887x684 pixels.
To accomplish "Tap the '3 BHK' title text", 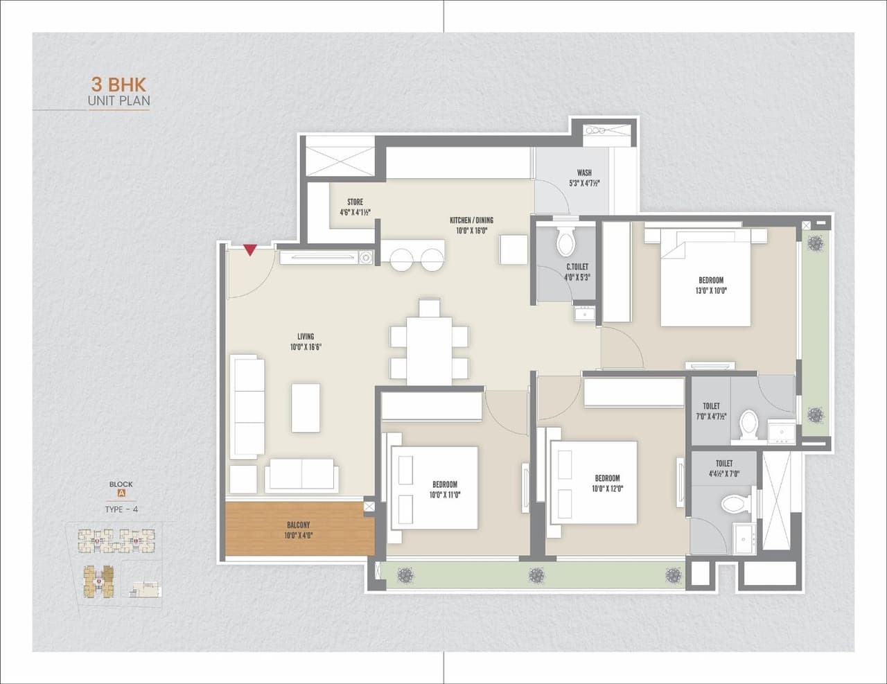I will click(x=118, y=85).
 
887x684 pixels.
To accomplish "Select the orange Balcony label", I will click(x=298, y=530).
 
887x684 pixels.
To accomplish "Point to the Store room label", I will click(x=355, y=207).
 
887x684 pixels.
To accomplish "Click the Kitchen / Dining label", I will click(x=471, y=225).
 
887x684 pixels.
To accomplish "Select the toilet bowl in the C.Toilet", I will click(x=566, y=242).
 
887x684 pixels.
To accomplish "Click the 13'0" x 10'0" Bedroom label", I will click(x=711, y=286).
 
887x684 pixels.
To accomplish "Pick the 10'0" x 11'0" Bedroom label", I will click(x=444, y=490).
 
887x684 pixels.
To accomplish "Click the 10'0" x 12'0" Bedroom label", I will click(x=606, y=483).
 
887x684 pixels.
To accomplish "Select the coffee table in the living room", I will click(x=306, y=407).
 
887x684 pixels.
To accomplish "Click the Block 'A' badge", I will click(x=121, y=494).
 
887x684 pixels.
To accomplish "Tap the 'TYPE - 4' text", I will click(x=121, y=509).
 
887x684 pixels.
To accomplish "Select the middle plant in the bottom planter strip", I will click(x=536, y=575).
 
